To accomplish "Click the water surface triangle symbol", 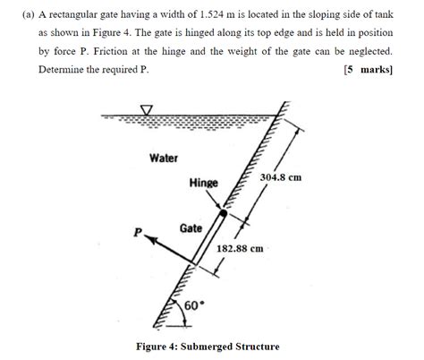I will coord(147,111).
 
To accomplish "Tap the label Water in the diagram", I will coord(164,159).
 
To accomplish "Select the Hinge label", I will coord(204,183).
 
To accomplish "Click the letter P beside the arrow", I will coord(138,233).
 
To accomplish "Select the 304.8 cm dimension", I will coord(280,177).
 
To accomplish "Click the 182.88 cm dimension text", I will coord(240,248).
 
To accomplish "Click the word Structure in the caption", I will coord(259,347).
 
